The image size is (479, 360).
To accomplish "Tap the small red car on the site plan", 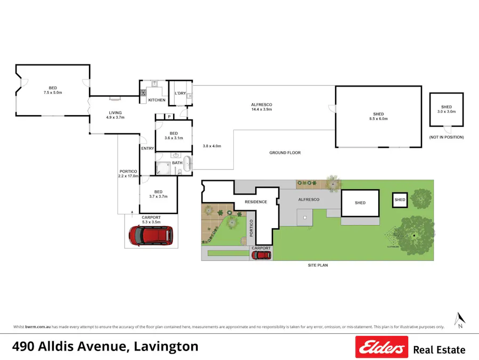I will coord(261,255).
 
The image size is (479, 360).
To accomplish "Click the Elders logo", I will coord(381,347).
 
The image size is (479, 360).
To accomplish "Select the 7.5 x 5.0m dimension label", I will coord(53,93).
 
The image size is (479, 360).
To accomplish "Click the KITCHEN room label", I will coord(157,100).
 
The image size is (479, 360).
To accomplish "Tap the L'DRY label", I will coord(180,93).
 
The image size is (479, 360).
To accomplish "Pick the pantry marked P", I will coord(168,116).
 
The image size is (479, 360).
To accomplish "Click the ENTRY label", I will coord(148,148).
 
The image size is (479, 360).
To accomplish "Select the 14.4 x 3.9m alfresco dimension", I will coord(262,109).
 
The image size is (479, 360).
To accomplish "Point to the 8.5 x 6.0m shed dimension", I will coord(378,119).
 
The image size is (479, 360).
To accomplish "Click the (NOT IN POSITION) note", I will coord(446,137).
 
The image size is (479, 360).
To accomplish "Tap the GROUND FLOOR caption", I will coord(285,153).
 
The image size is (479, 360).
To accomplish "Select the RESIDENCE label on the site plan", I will coord(256,202).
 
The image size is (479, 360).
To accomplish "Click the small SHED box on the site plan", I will coord(400,199).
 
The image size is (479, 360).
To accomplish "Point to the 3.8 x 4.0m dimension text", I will coord(212,146).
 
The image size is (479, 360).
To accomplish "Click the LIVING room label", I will coord(116,113).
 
